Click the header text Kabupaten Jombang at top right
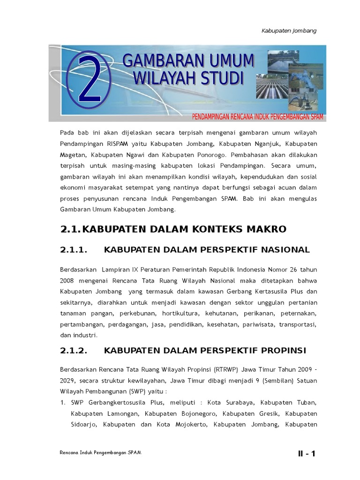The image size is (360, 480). (x=289, y=30)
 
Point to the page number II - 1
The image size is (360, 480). (x=307, y=453)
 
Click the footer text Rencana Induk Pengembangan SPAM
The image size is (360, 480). (x=100, y=454)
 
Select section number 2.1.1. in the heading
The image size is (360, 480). (x=75, y=249)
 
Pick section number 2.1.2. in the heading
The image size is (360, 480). (x=75, y=351)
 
